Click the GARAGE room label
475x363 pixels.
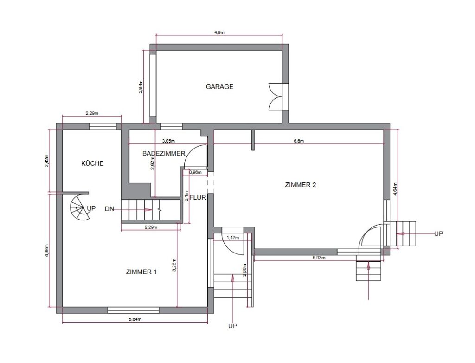219,87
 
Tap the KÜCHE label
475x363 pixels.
92,163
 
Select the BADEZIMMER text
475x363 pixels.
164,154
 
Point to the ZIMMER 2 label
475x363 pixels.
301,185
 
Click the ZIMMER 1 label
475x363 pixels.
141,272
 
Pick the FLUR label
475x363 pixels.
198,198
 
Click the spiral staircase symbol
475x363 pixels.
80,208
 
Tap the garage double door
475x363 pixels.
276,97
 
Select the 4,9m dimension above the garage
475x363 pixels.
219,32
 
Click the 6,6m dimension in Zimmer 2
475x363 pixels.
299,141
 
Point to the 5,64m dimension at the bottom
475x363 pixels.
135,319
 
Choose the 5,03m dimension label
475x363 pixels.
319,258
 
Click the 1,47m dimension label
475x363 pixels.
233,238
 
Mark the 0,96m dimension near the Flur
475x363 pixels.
195,172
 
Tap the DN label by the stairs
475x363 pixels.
109,209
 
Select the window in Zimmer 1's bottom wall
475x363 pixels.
133,310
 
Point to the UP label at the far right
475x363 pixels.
438,234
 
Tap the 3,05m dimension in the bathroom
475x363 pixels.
168,141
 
